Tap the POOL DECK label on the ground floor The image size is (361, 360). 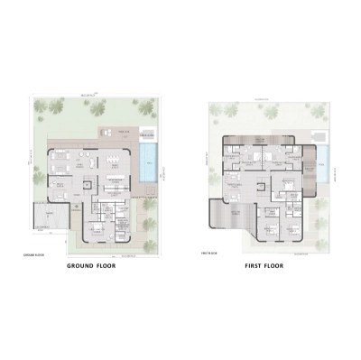(x=125, y=134)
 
